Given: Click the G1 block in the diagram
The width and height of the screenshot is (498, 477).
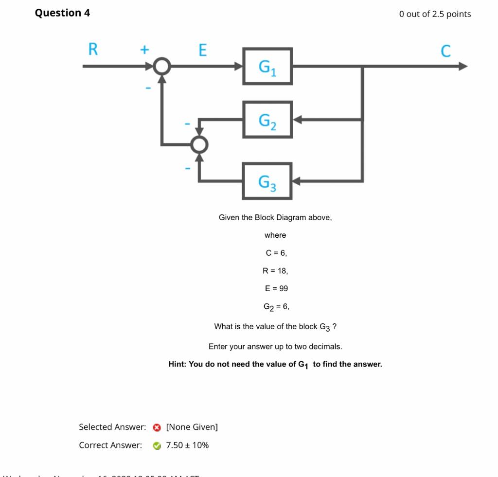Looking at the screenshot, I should (x=267, y=66).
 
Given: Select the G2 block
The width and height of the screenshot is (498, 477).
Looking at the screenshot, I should (x=267, y=120).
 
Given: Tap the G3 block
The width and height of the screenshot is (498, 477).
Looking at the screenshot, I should (x=267, y=181).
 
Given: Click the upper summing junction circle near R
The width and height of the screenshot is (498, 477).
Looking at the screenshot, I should (x=162, y=66).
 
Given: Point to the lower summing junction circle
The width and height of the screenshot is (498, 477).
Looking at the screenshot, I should (x=199, y=144).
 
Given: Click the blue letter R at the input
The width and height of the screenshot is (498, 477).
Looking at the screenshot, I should (x=93, y=49).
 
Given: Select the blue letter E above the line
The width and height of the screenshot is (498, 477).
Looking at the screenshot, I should (x=203, y=50).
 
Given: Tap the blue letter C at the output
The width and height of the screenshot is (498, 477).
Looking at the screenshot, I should (x=445, y=51).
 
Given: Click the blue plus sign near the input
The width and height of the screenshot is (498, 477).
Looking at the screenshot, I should (x=144, y=49).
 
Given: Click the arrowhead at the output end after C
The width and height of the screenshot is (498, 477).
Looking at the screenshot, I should (x=462, y=66).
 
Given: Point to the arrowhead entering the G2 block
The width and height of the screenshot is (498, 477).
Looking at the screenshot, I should (x=297, y=120).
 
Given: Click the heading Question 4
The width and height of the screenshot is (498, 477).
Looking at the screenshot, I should (x=62, y=13).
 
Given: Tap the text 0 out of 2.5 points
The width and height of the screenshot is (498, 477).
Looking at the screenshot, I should (x=435, y=14).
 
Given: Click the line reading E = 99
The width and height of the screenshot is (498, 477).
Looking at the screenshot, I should (x=276, y=288).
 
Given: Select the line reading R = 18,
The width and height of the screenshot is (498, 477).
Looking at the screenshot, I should (x=275, y=271).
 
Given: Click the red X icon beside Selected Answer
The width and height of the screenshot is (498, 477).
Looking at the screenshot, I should (x=157, y=427).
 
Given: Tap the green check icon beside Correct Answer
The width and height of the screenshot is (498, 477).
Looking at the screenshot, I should (x=157, y=446).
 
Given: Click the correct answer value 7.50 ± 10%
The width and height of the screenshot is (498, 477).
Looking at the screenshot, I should (x=187, y=445).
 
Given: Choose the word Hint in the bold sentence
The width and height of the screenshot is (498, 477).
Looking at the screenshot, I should (x=177, y=364).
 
